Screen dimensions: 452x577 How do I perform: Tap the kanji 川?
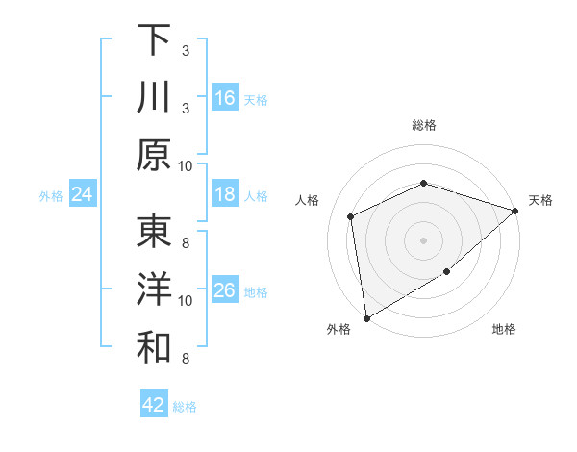click(x=154, y=98)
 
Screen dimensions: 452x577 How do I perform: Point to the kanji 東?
click(x=154, y=232)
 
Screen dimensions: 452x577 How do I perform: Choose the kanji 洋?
click(x=154, y=290)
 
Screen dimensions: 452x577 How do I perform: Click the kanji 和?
click(x=154, y=349)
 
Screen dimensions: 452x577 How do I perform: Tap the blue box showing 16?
click(x=224, y=98)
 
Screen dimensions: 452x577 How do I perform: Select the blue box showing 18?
click(x=224, y=195)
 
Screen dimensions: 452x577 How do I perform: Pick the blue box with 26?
click(x=224, y=290)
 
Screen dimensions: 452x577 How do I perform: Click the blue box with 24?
click(x=83, y=195)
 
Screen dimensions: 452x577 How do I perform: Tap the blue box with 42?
click(x=154, y=405)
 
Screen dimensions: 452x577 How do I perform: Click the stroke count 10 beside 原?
click(x=186, y=165)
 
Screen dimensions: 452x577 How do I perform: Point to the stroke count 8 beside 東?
click(x=186, y=243)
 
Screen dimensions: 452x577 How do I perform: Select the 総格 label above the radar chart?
click(x=424, y=125)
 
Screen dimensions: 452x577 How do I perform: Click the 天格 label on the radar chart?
click(x=541, y=200)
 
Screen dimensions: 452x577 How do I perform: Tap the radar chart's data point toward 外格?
click(x=366, y=317)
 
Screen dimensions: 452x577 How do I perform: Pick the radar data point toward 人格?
click(x=351, y=216)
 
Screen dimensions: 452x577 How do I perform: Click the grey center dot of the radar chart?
click(x=424, y=239)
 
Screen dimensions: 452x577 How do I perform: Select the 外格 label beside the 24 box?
click(x=51, y=196)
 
